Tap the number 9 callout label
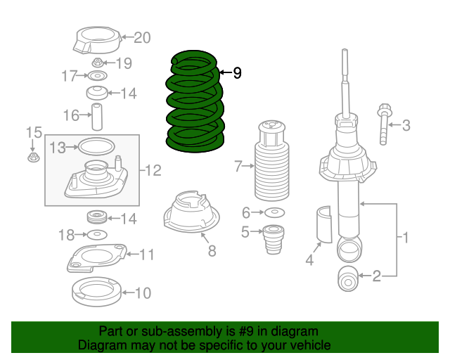click(x=237, y=73)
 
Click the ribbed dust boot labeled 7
click(x=272, y=161)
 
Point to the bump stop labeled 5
click(x=274, y=240)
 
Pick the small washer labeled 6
click(x=274, y=212)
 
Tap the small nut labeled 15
click(x=34, y=157)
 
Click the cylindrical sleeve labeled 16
click(x=97, y=117)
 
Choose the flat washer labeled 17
click(x=98, y=76)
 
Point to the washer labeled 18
click(x=97, y=235)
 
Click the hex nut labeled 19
click(x=98, y=63)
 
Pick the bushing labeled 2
click(x=348, y=278)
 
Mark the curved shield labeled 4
click(x=324, y=224)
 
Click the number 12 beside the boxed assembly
click(x=153, y=171)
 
